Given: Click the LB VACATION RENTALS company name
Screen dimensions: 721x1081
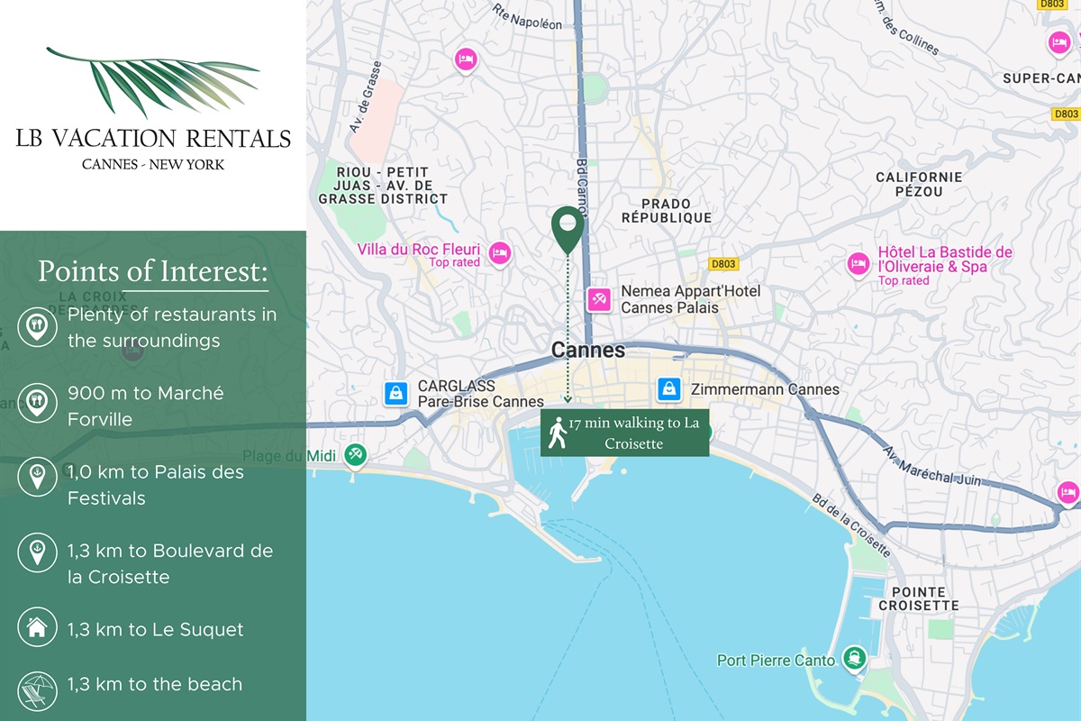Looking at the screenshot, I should tap(153, 138).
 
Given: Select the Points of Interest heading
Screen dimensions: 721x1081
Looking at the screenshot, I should tap(153, 271).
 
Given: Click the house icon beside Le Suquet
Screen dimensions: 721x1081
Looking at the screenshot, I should tap(37, 628).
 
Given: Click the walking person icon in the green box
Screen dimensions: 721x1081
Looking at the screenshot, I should tap(559, 434).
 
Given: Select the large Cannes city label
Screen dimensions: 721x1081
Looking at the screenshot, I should tap(588, 350).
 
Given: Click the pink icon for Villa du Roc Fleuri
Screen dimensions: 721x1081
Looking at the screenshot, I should tap(499, 253).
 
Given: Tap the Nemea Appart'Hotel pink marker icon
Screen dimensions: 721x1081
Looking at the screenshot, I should tap(599, 299).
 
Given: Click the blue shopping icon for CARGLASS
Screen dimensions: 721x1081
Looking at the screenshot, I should tap(395, 394).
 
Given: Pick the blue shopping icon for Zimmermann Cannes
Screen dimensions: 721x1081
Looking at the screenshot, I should tap(668, 388).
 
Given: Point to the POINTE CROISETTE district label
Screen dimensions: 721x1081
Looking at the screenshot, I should tap(919, 598).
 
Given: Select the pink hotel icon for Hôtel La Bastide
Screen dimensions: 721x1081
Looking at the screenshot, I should tap(858, 264).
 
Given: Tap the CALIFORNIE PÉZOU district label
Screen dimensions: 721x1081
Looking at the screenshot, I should tap(919, 184).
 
